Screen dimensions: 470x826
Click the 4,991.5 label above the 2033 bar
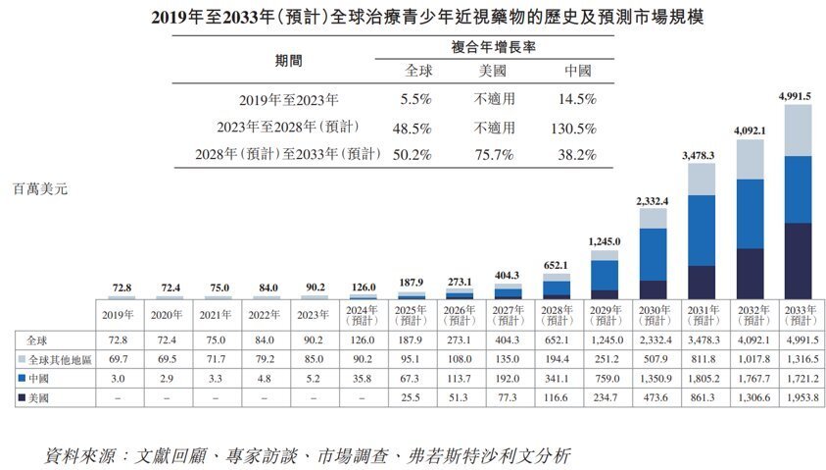click(x=799, y=96)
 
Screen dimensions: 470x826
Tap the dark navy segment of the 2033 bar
click(x=799, y=260)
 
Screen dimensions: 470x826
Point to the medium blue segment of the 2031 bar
click(x=702, y=231)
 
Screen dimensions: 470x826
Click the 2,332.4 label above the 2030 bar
click(x=653, y=201)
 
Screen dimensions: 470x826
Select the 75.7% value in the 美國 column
click(x=495, y=155)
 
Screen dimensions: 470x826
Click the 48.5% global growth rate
click(x=417, y=128)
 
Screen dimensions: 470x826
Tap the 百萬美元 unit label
click(x=41, y=185)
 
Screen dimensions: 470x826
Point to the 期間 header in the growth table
click(x=289, y=60)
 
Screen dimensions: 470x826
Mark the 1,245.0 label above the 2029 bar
click(x=605, y=240)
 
